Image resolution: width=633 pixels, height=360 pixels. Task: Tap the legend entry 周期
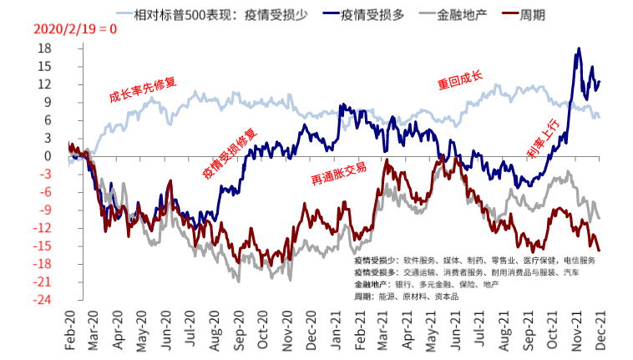coord(534,15)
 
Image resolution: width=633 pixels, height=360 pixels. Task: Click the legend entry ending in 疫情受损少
coord(209,15)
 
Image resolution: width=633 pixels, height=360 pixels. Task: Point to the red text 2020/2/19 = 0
coord(75,29)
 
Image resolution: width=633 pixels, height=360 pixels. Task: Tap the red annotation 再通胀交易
coord(338,172)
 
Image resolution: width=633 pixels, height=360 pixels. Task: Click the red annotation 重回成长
coord(460,81)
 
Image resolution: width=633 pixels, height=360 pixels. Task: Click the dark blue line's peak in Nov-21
coord(579,49)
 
